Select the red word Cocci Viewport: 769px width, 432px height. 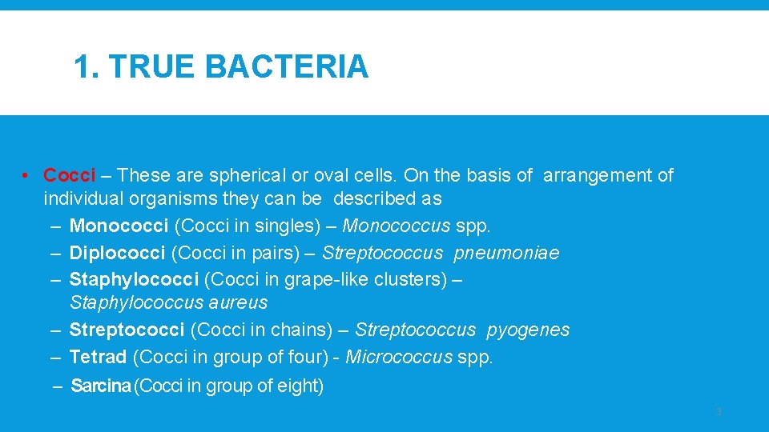click(70, 175)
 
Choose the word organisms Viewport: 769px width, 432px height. click(163, 198)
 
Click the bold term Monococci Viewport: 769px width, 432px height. click(119, 226)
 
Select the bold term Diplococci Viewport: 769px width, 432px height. click(118, 254)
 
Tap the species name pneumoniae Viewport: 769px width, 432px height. click(506, 254)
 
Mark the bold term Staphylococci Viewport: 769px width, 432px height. click(134, 280)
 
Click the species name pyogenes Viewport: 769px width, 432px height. click(528, 330)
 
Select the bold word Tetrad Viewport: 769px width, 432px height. click(98, 357)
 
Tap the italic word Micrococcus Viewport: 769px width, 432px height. click(398, 357)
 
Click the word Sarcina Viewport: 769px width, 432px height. click(101, 386)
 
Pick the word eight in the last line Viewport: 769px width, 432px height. click(298, 386)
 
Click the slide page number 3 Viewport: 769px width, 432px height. click(718, 412)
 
